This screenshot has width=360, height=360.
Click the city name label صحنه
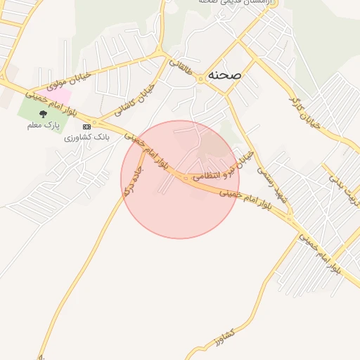coord(224,74)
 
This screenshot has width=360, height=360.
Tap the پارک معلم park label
coord(42,125)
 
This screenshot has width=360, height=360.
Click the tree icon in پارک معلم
coord(43,113)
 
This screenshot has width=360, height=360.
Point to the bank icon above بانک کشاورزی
coord(86,127)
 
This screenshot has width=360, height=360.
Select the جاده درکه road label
coord(131,181)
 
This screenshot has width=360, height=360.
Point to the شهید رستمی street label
coord(272,184)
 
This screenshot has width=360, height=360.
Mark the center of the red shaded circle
coord(179,179)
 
